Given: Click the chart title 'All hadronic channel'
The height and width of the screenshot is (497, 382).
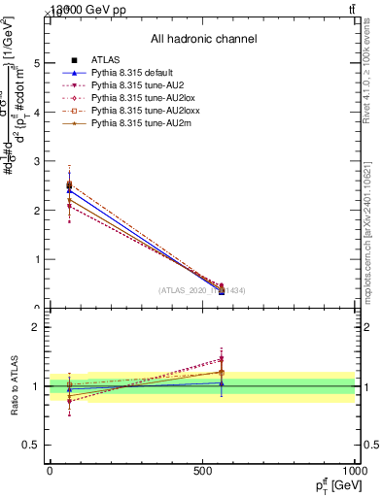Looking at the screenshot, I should (203, 39).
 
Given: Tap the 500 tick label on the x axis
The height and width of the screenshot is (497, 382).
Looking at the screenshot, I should (202, 471).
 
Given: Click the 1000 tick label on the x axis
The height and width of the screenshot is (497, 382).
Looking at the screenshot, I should (353, 471).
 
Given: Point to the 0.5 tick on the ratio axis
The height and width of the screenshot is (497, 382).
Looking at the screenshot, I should (31, 445).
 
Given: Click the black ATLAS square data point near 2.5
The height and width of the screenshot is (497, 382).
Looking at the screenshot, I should (68, 184).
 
